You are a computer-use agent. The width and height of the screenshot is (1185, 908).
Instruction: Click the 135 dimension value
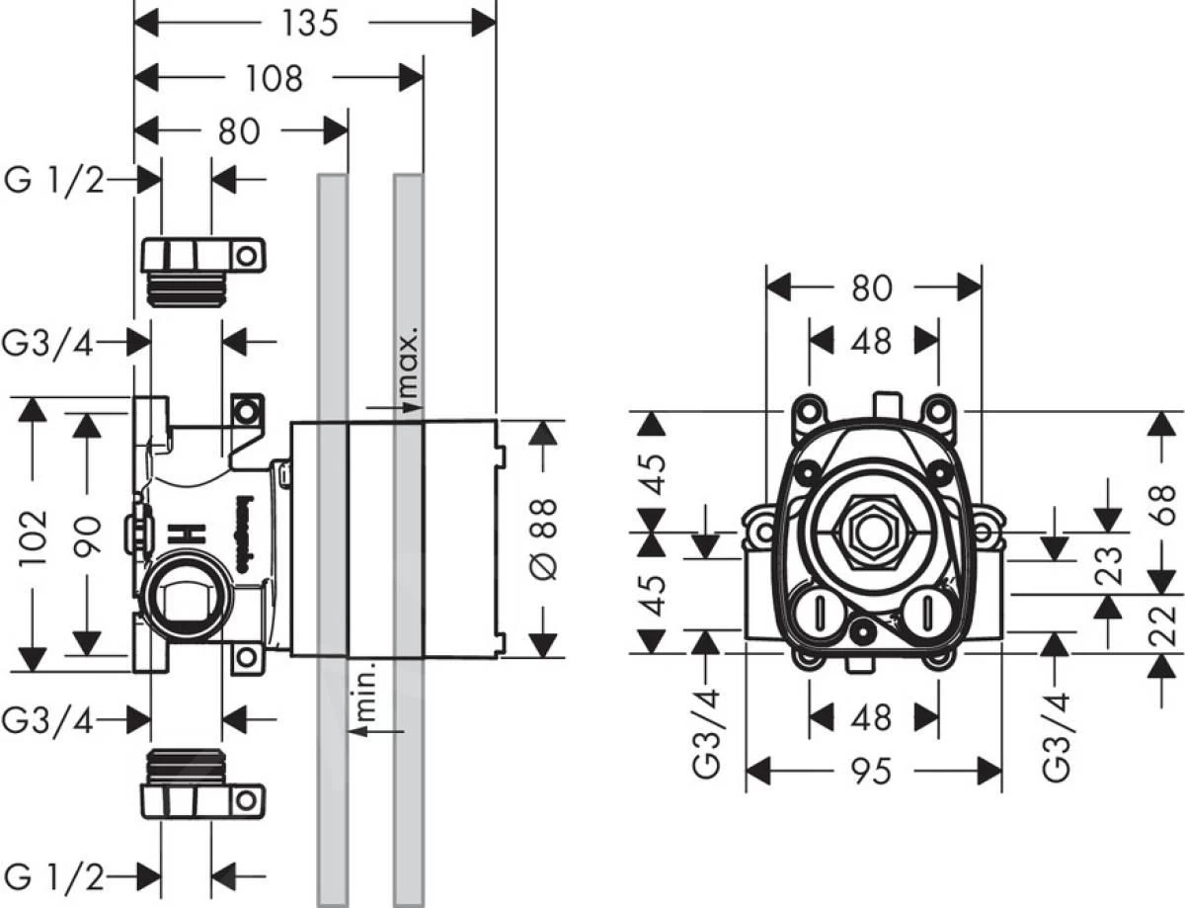[x=308, y=24]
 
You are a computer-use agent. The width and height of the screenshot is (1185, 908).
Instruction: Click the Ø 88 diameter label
[x=545, y=538]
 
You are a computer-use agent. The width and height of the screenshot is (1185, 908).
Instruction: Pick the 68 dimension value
[x=1169, y=510]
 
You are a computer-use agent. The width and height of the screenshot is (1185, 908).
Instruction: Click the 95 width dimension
[x=872, y=772]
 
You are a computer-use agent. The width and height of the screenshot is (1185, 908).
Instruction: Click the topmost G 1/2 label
[x=54, y=181]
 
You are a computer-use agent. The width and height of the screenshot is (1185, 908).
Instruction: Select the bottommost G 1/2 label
[x=54, y=874]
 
